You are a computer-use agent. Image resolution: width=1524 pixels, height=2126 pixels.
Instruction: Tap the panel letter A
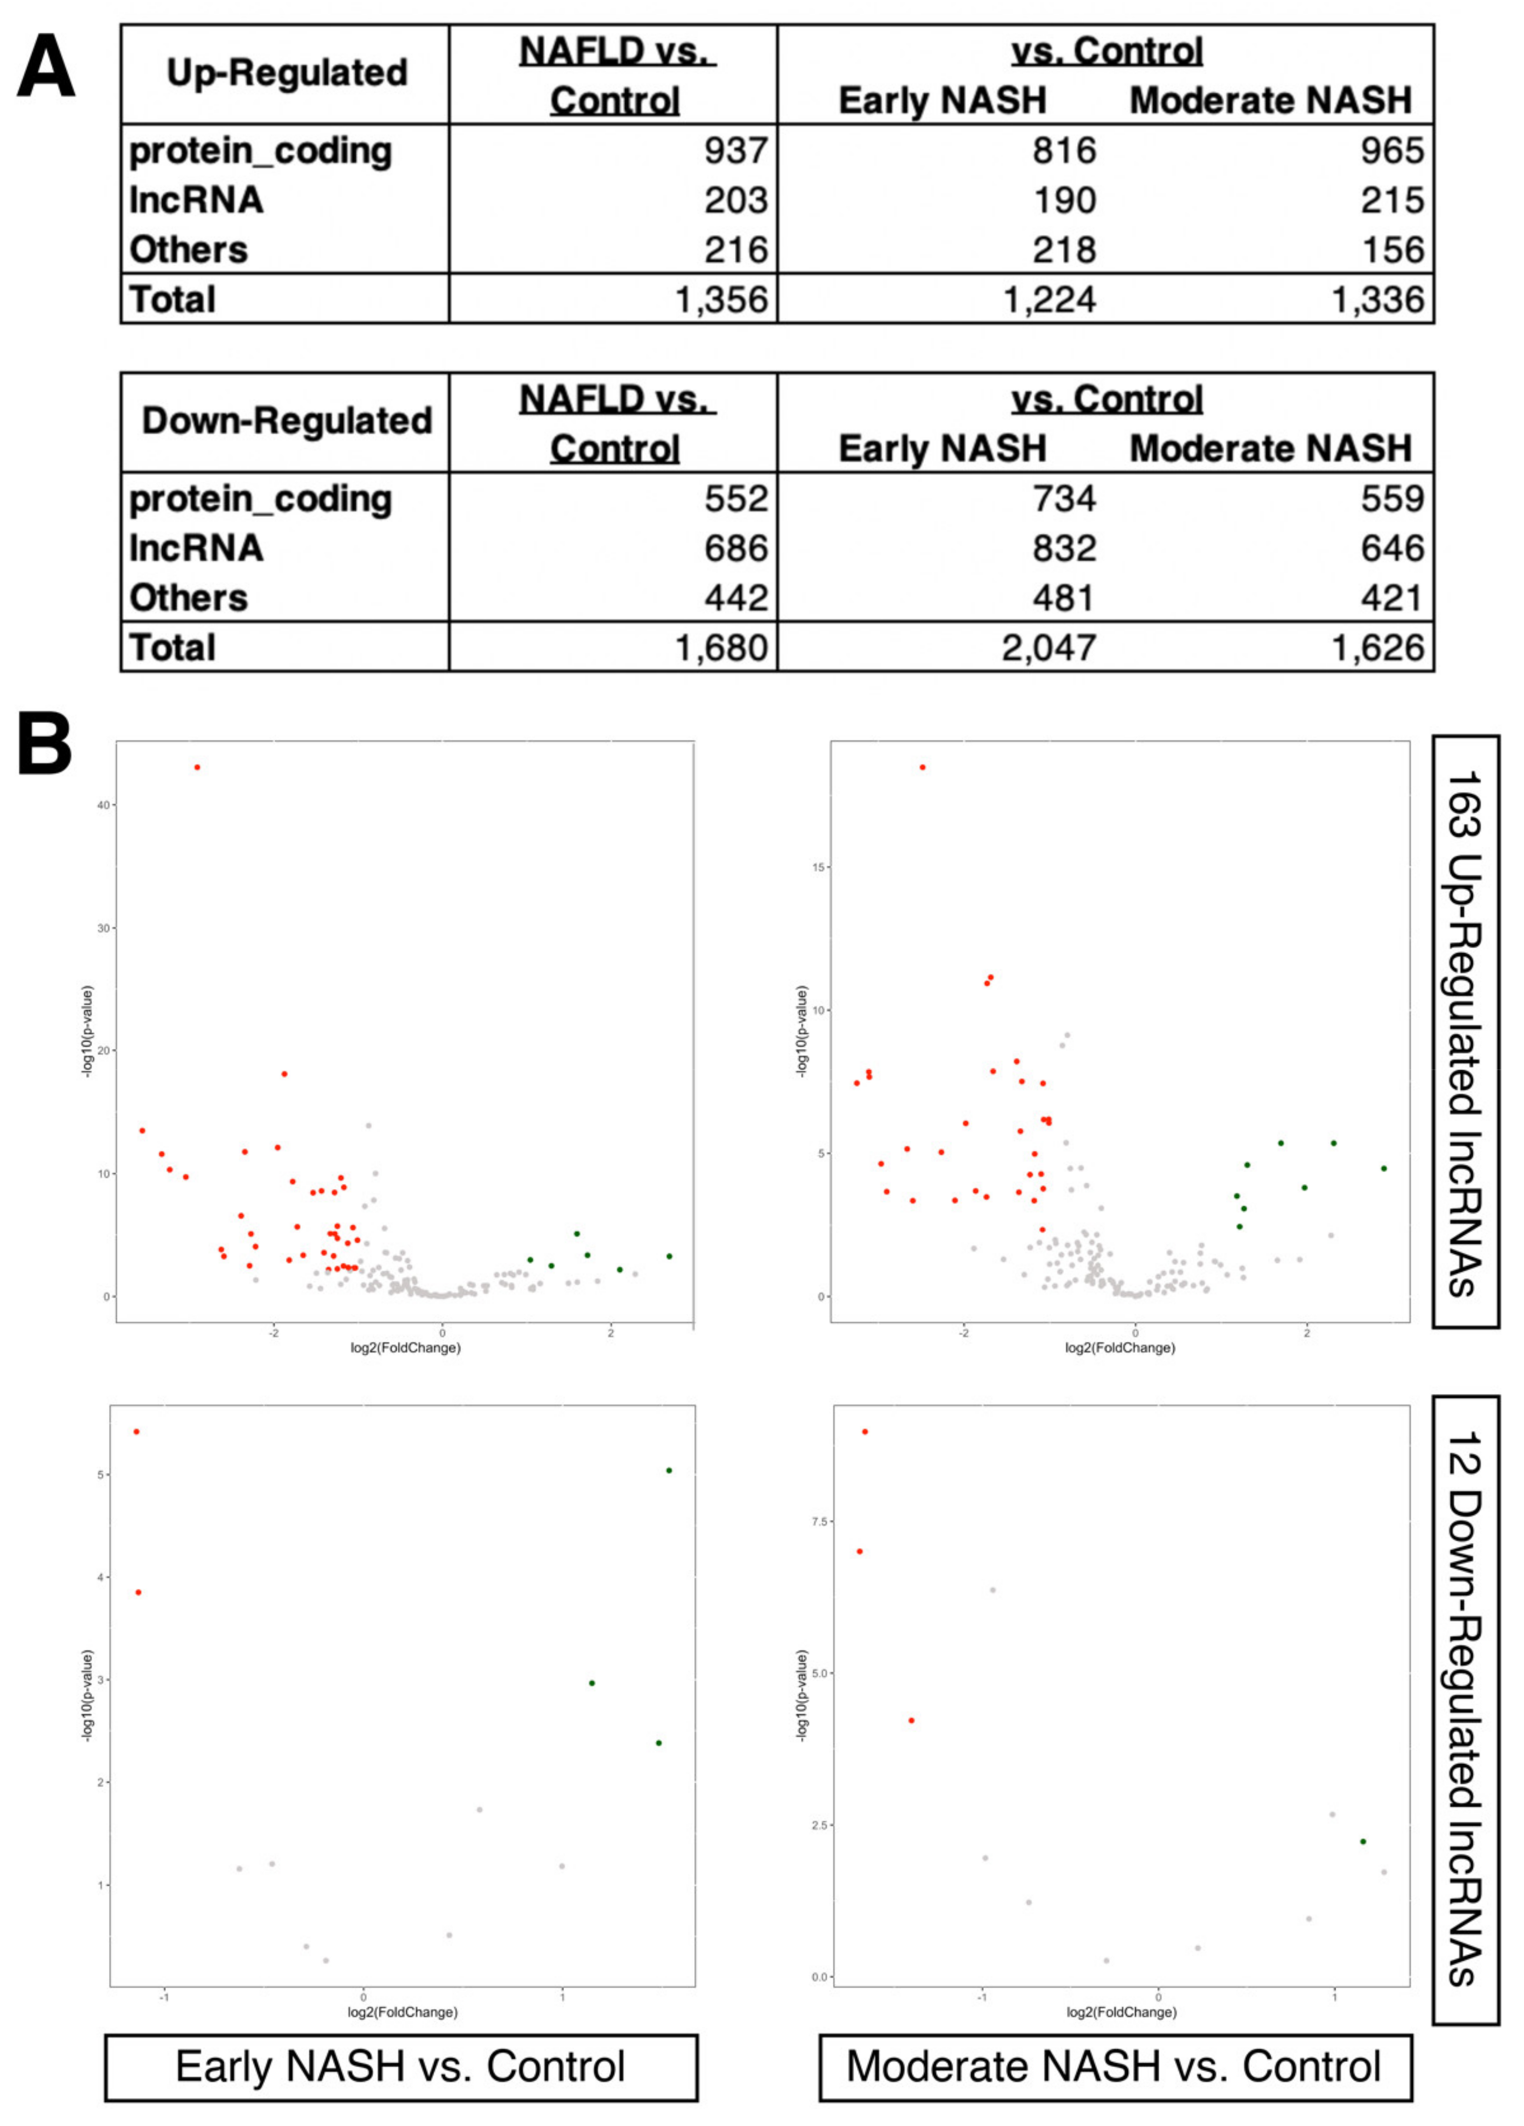click(45, 68)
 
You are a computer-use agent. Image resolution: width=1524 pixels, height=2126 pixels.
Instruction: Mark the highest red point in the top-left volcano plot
click(197, 767)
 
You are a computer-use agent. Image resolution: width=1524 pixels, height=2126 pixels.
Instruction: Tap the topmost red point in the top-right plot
click(922, 767)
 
